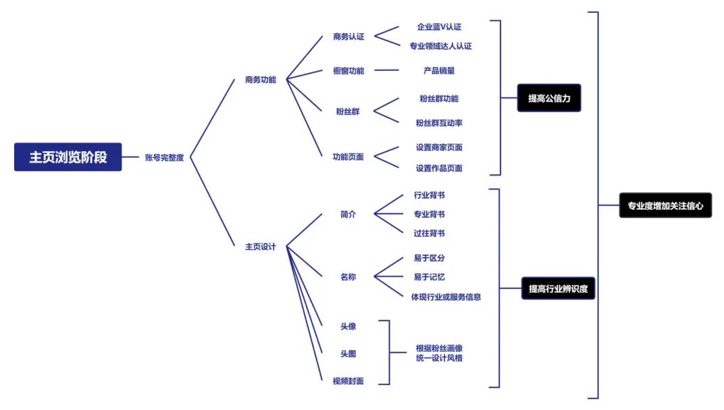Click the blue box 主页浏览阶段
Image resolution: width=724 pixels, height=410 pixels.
68,157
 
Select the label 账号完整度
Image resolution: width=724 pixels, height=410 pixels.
164,157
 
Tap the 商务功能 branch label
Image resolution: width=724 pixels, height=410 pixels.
261,80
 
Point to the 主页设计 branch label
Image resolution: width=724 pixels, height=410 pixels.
261,247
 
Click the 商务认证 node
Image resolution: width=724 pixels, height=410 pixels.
348,36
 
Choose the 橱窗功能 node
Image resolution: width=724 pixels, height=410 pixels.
348,71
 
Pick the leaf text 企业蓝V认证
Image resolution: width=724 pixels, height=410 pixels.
439,27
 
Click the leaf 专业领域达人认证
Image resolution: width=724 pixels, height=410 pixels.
440,46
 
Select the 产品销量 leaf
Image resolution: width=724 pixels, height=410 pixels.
439,71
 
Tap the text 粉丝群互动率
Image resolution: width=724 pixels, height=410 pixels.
439,123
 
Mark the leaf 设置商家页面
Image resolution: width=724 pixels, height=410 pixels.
439,147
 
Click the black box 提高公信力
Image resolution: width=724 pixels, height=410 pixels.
549,98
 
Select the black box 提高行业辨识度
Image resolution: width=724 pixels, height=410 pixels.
559,288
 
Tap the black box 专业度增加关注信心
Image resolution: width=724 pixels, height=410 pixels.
665,205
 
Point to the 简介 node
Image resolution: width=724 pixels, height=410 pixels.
348,214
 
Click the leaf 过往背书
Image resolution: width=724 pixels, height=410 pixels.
430,233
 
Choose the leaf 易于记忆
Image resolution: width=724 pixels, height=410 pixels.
430,277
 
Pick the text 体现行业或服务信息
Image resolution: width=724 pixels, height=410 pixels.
446,297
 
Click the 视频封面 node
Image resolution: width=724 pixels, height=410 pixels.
348,381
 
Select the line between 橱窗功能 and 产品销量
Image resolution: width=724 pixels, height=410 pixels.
386,70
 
